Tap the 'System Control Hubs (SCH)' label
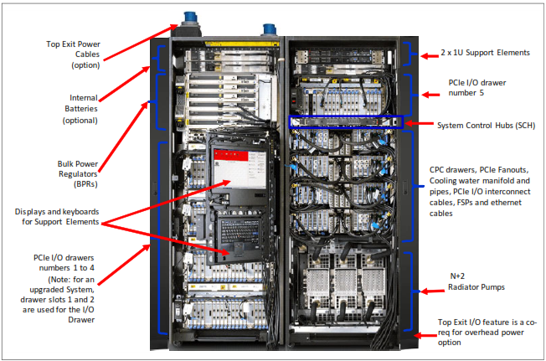[x=485, y=126]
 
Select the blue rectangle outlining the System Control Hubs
[x=344, y=122]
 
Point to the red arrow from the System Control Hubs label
[x=419, y=125]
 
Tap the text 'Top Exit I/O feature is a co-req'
[x=488, y=321]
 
